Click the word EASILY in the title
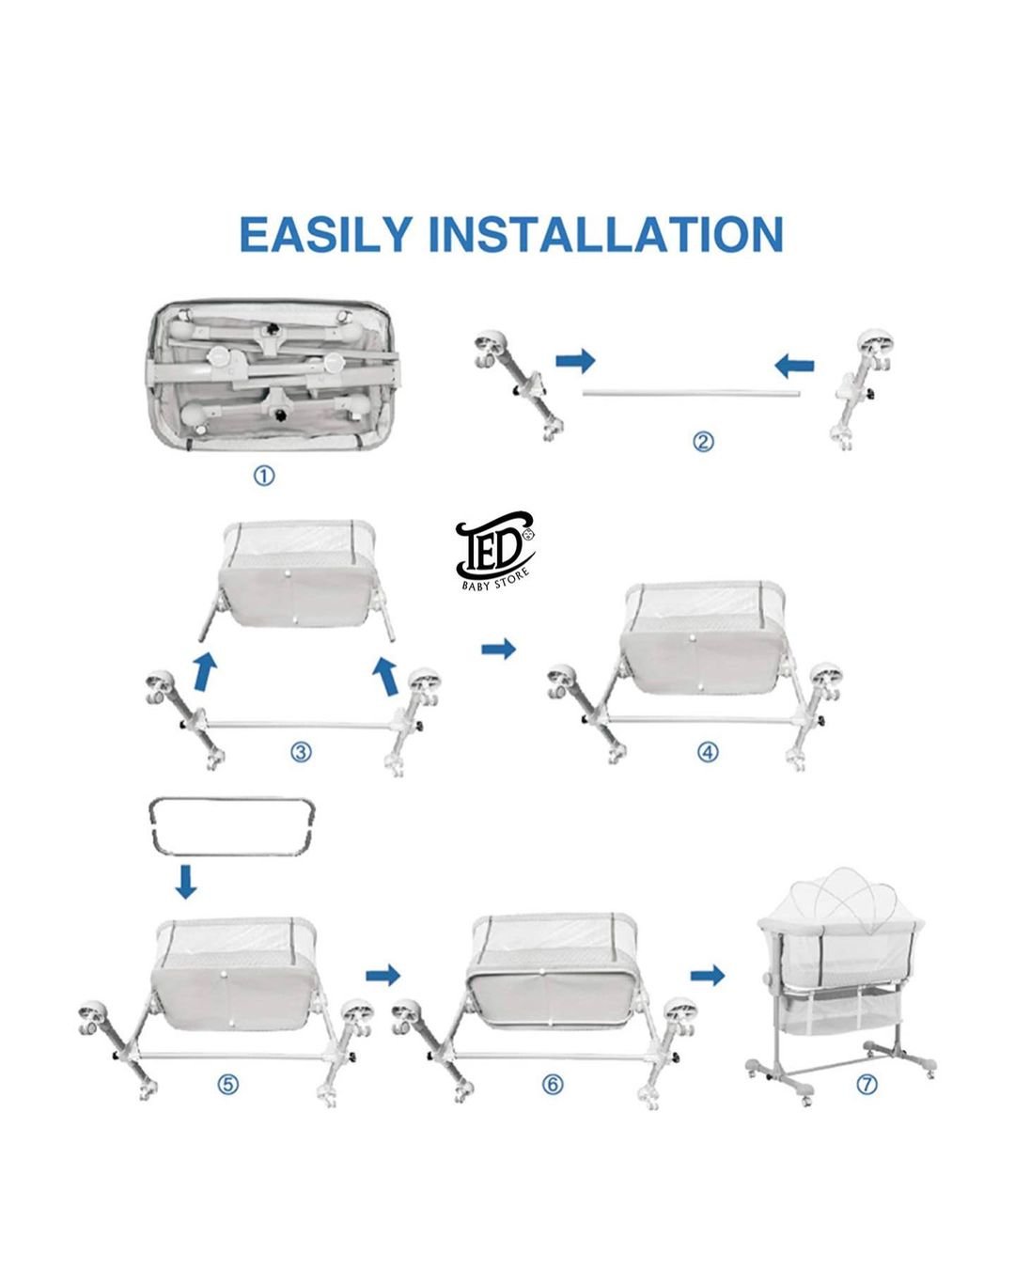click(x=325, y=235)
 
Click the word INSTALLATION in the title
click(x=605, y=235)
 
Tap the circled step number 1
click(x=264, y=476)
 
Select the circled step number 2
click(x=702, y=442)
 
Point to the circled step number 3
click(x=302, y=752)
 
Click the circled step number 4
click(x=708, y=752)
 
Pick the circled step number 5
click(x=228, y=1084)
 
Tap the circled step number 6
click(x=553, y=1084)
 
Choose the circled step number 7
click(x=867, y=1084)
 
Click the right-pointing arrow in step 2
click(x=575, y=360)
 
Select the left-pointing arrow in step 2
click(x=794, y=366)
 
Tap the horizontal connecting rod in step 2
click(x=691, y=392)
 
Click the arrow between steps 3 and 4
click(x=498, y=650)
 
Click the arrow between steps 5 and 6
click(x=383, y=976)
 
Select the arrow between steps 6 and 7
click(x=708, y=976)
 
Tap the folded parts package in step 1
click(x=273, y=376)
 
